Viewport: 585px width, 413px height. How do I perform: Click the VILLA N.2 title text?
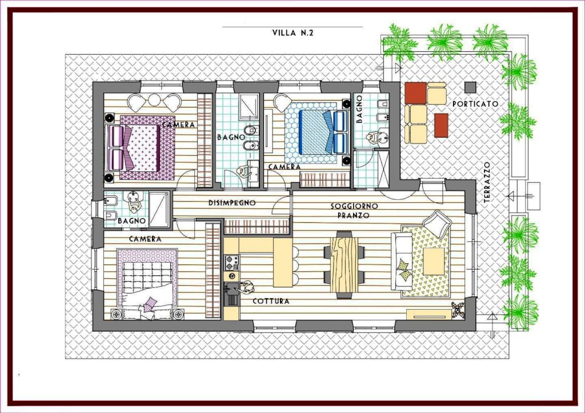293,33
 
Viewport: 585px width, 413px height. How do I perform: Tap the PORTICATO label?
475,104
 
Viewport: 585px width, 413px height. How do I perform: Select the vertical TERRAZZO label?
487,182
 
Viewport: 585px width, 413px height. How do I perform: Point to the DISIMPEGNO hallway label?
232,203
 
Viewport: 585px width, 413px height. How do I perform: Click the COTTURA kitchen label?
271,301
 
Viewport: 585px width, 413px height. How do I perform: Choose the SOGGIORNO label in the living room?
354,206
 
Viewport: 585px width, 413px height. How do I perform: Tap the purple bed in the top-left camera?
142,148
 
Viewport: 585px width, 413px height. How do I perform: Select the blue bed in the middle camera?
316,132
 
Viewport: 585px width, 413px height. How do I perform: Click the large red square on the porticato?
416,93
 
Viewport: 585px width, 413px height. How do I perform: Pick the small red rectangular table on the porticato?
441,125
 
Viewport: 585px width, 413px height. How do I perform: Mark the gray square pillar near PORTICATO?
471,87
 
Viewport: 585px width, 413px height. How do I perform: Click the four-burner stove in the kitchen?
231,262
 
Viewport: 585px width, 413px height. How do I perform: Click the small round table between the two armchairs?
154,99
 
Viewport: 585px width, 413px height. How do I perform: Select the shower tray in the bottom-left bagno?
159,208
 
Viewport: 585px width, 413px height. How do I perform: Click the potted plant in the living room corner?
458,310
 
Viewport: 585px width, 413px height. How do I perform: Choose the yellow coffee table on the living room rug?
434,261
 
